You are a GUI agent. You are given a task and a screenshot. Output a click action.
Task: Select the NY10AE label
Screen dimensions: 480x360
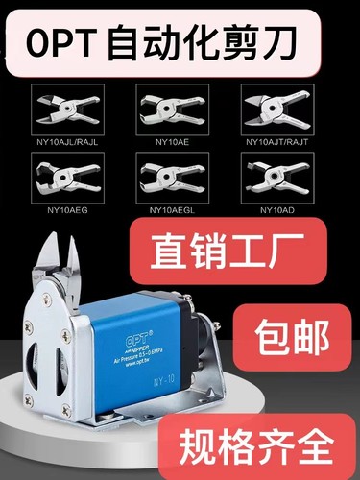coord(173,141)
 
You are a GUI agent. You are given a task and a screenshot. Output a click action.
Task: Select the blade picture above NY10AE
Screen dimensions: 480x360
coord(173,108)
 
